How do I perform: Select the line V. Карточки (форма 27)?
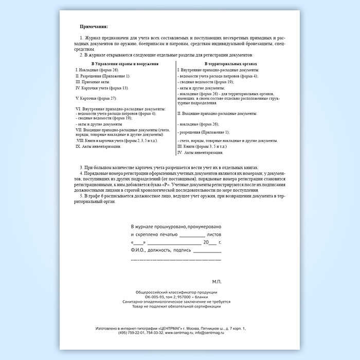96,98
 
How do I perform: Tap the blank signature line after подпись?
207,250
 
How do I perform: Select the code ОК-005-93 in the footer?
152,297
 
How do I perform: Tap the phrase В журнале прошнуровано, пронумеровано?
176,226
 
